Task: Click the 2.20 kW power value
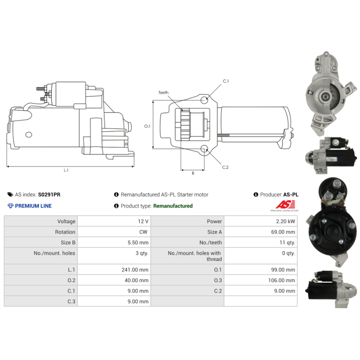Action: pos(285,221)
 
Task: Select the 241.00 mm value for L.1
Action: pos(135,270)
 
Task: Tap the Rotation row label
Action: pos(65,232)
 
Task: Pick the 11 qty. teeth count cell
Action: pos(288,243)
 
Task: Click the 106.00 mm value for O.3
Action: pos(282,280)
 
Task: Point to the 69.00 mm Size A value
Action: pos(283,232)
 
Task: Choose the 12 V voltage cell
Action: pos(143,221)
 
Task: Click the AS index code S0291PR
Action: pos(49,194)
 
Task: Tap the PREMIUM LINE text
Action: pos(33,206)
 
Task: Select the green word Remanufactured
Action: pos(173,206)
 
